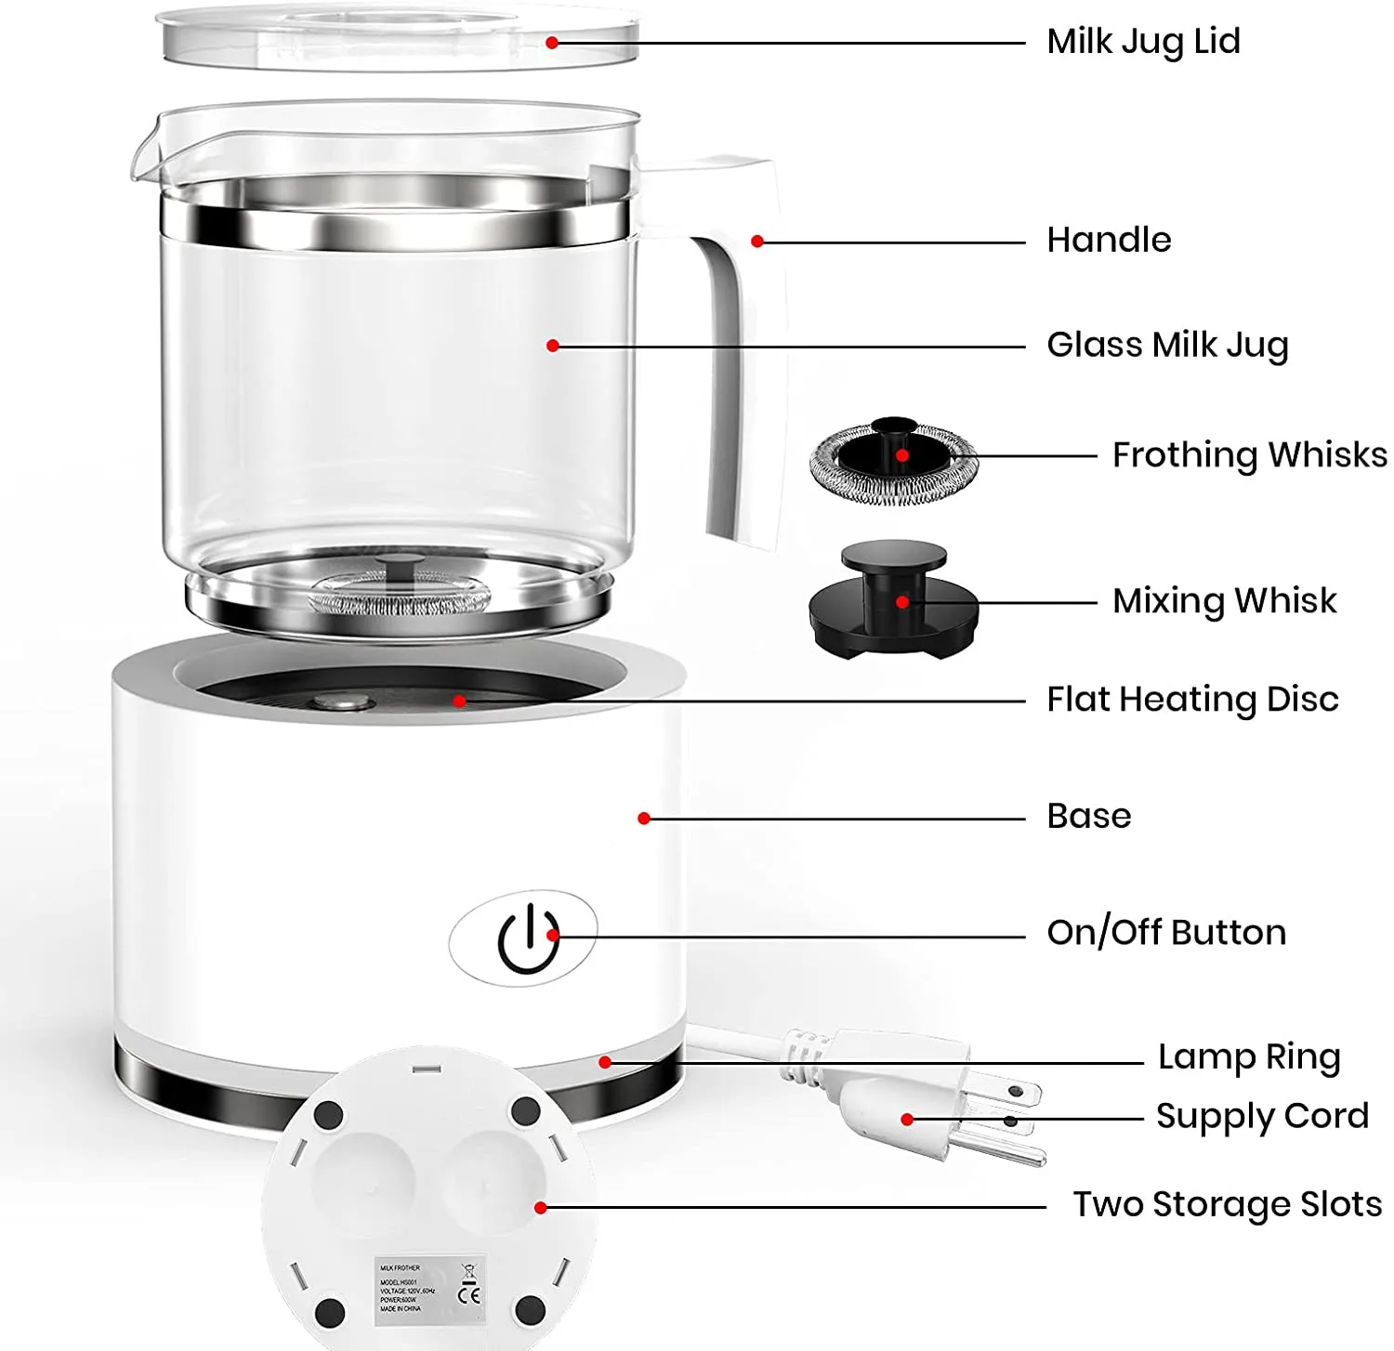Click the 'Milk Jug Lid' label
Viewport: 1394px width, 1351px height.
[1143, 42]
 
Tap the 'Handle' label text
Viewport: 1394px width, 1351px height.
[1109, 240]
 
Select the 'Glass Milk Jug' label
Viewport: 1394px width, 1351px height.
[1167, 345]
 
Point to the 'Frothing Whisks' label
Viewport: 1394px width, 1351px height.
[1249, 455]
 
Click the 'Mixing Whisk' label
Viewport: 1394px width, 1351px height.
[1224, 601]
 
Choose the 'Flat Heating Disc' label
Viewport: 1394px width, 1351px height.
[1192, 700]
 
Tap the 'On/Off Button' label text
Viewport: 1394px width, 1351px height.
[1166, 933]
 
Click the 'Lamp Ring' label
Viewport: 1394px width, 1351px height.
[1249, 1057]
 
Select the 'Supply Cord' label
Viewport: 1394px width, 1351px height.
[1262, 1116]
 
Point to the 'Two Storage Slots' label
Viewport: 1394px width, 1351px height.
[1227, 1204]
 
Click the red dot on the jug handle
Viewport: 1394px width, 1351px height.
[757, 242]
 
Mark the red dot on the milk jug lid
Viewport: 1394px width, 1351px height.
[552, 43]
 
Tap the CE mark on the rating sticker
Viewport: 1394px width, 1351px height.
[470, 1294]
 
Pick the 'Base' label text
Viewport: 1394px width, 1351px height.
[1088, 817]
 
